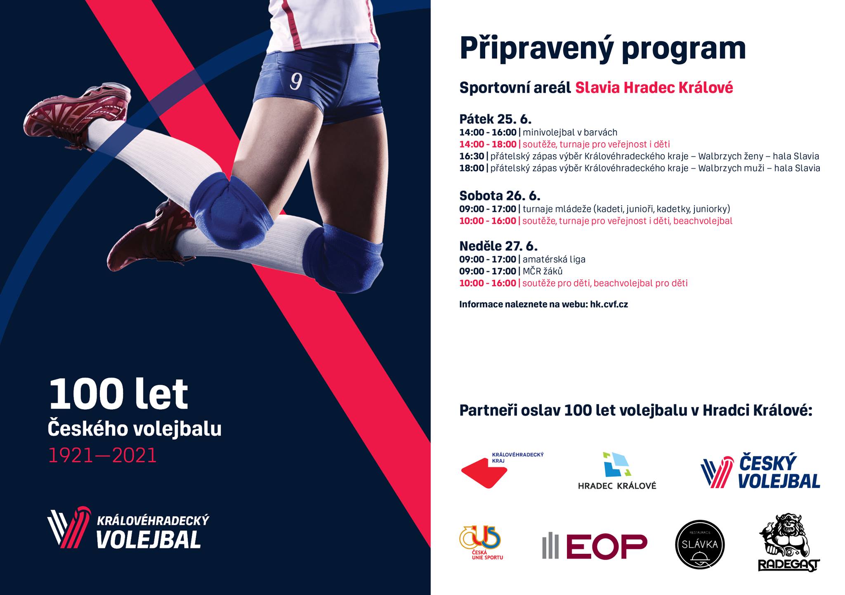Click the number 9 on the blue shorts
point(295,81)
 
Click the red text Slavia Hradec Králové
point(654,88)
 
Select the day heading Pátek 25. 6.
point(496,119)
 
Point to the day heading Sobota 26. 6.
point(500,195)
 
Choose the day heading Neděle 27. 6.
point(498,246)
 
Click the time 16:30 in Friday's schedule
point(472,156)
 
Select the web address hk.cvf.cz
point(609,305)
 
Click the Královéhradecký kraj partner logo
point(502,470)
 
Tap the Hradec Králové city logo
point(617,470)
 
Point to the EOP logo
point(595,546)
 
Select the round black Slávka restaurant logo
point(700,544)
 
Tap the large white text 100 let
point(118,394)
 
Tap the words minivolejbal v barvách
point(570,132)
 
